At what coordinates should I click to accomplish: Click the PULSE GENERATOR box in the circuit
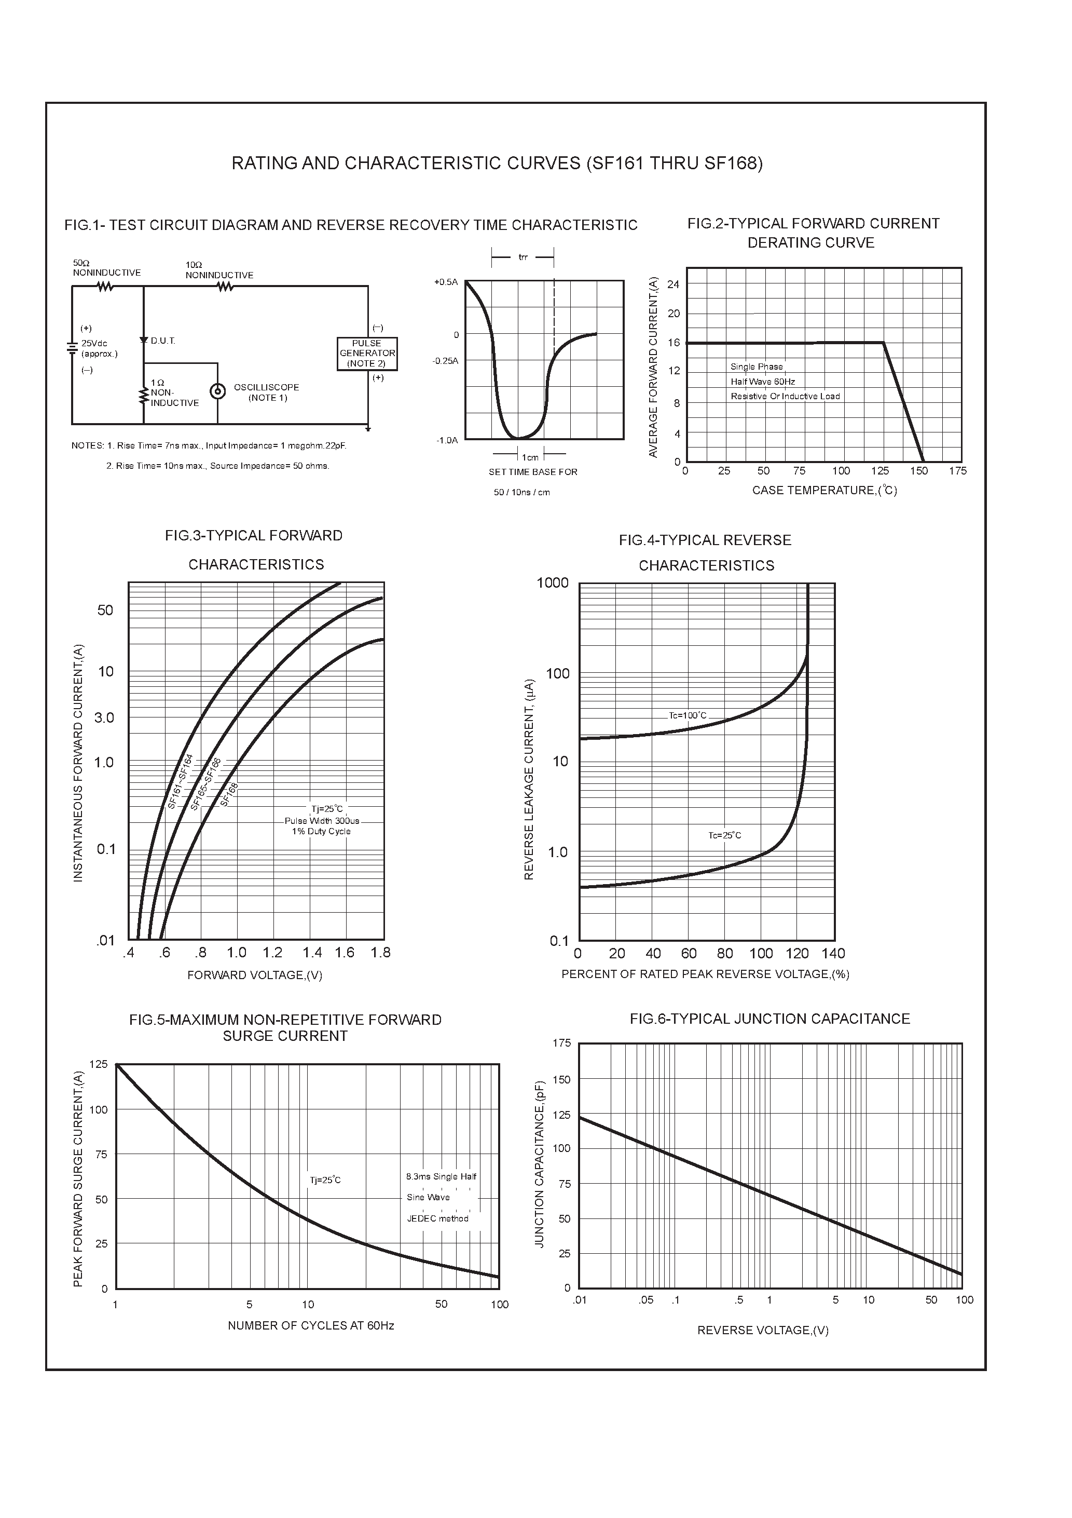pyautogui.click(x=367, y=354)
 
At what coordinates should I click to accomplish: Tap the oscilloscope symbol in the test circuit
pyautogui.click(x=217, y=391)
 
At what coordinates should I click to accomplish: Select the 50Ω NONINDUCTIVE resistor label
pyautogui.click(x=106, y=268)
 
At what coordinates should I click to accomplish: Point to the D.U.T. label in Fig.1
pyautogui.click(x=162, y=341)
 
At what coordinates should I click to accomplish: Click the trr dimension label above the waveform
pyautogui.click(x=523, y=257)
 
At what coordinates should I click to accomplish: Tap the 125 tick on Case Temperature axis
pyautogui.click(x=879, y=471)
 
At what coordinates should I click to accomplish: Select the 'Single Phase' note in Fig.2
pyautogui.click(x=756, y=367)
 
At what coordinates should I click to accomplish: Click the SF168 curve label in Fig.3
pyautogui.click(x=229, y=794)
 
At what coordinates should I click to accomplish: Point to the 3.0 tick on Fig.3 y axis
pyautogui.click(x=104, y=717)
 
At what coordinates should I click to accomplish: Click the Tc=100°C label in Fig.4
pyautogui.click(x=688, y=715)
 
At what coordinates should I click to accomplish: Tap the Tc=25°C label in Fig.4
pyautogui.click(x=724, y=835)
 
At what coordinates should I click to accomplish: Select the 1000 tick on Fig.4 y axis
pyautogui.click(x=553, y=582)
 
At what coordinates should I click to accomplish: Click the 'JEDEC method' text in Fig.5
pyautogui.click(x=437, y=1218)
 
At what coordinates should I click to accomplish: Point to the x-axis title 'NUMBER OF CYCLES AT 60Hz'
pyautogui.click(x=311, y=1339)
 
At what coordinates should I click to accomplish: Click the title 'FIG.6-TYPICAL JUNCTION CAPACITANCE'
pyautogui.click(x=769, y=1019)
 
